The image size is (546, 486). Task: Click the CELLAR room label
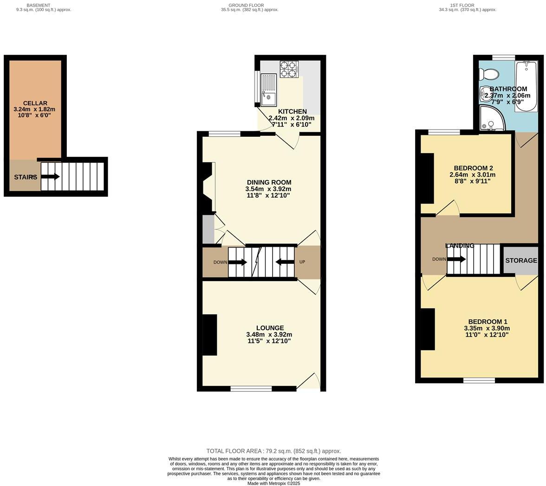[x=35, y=103]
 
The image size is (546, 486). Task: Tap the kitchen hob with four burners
[x=289, y=69]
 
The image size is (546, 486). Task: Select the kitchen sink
[x=268, y=90]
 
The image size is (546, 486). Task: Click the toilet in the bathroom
[x=489, y=74]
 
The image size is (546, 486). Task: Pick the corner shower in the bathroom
[x=490, y=119]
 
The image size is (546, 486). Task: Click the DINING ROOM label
[x=269, y=182]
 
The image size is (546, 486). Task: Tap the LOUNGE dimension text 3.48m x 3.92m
[x=269, y=334]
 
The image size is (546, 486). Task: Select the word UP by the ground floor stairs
[x=302, y=262]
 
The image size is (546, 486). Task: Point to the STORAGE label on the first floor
[x=521, y=261]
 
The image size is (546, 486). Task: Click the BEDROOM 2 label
[x=473, y=168]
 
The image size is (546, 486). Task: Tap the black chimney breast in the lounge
[x=210, y=335]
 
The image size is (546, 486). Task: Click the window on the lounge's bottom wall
[x=251, y=389]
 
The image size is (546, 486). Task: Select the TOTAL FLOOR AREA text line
[x=273, y=451]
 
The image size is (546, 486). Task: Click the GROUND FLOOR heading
[x=249, y=6]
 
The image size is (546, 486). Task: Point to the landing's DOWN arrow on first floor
[x=456, y=259]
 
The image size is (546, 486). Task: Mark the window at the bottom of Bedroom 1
[x=479, y=380]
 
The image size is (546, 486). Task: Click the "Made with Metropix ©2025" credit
[x=273, y=483]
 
